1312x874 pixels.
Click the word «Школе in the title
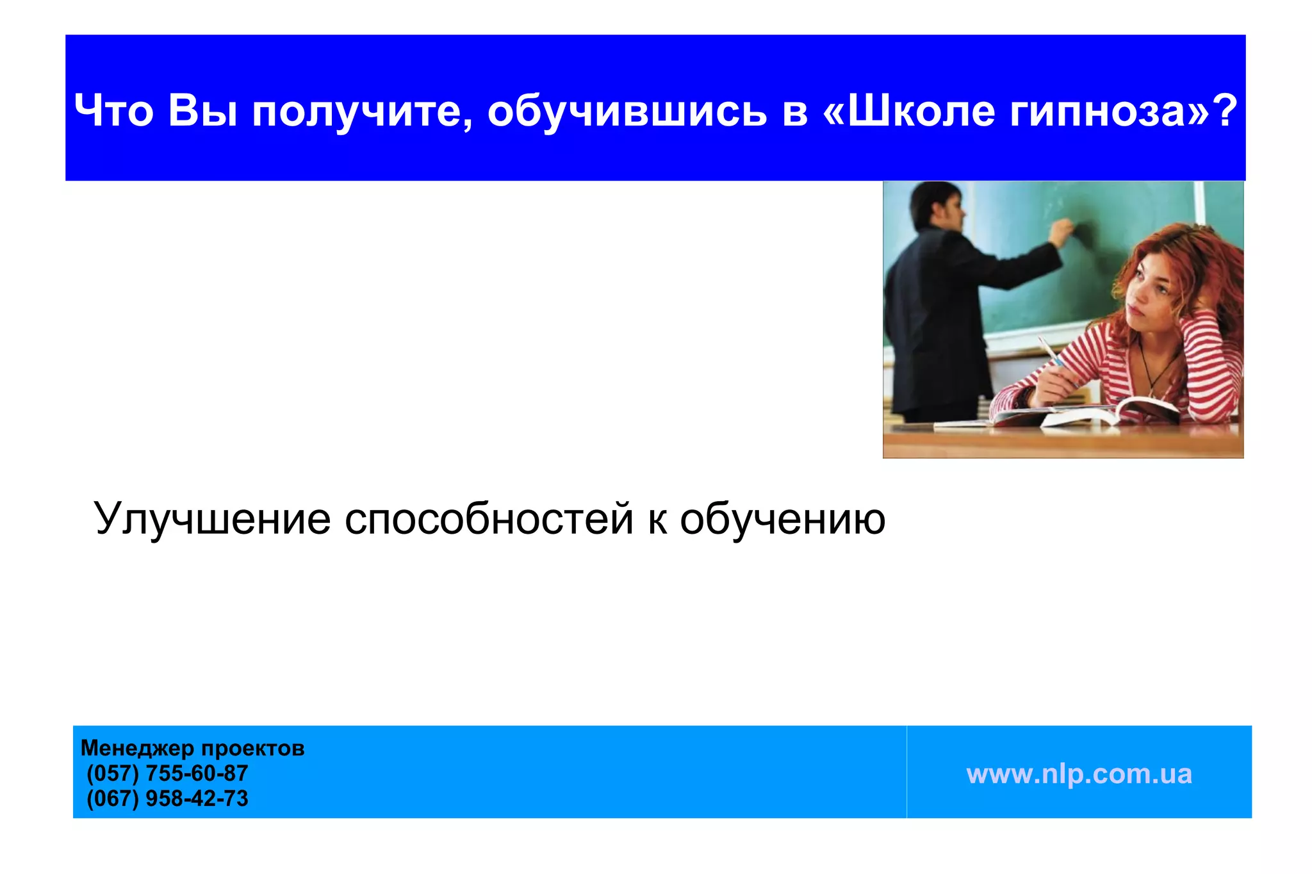(x=910, y=110)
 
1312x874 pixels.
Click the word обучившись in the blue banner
(x=627, y=110)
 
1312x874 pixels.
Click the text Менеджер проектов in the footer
(x=192, y=748)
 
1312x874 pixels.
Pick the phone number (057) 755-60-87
(x=167, y=773)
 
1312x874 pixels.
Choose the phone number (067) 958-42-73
(x=167, y=798)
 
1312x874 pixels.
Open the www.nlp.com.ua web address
(x=1079, y=773)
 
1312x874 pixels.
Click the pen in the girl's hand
(x=1051, y=352)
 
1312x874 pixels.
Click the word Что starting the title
(x=113, y=110)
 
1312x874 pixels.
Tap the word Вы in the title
(x=202, y=110)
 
